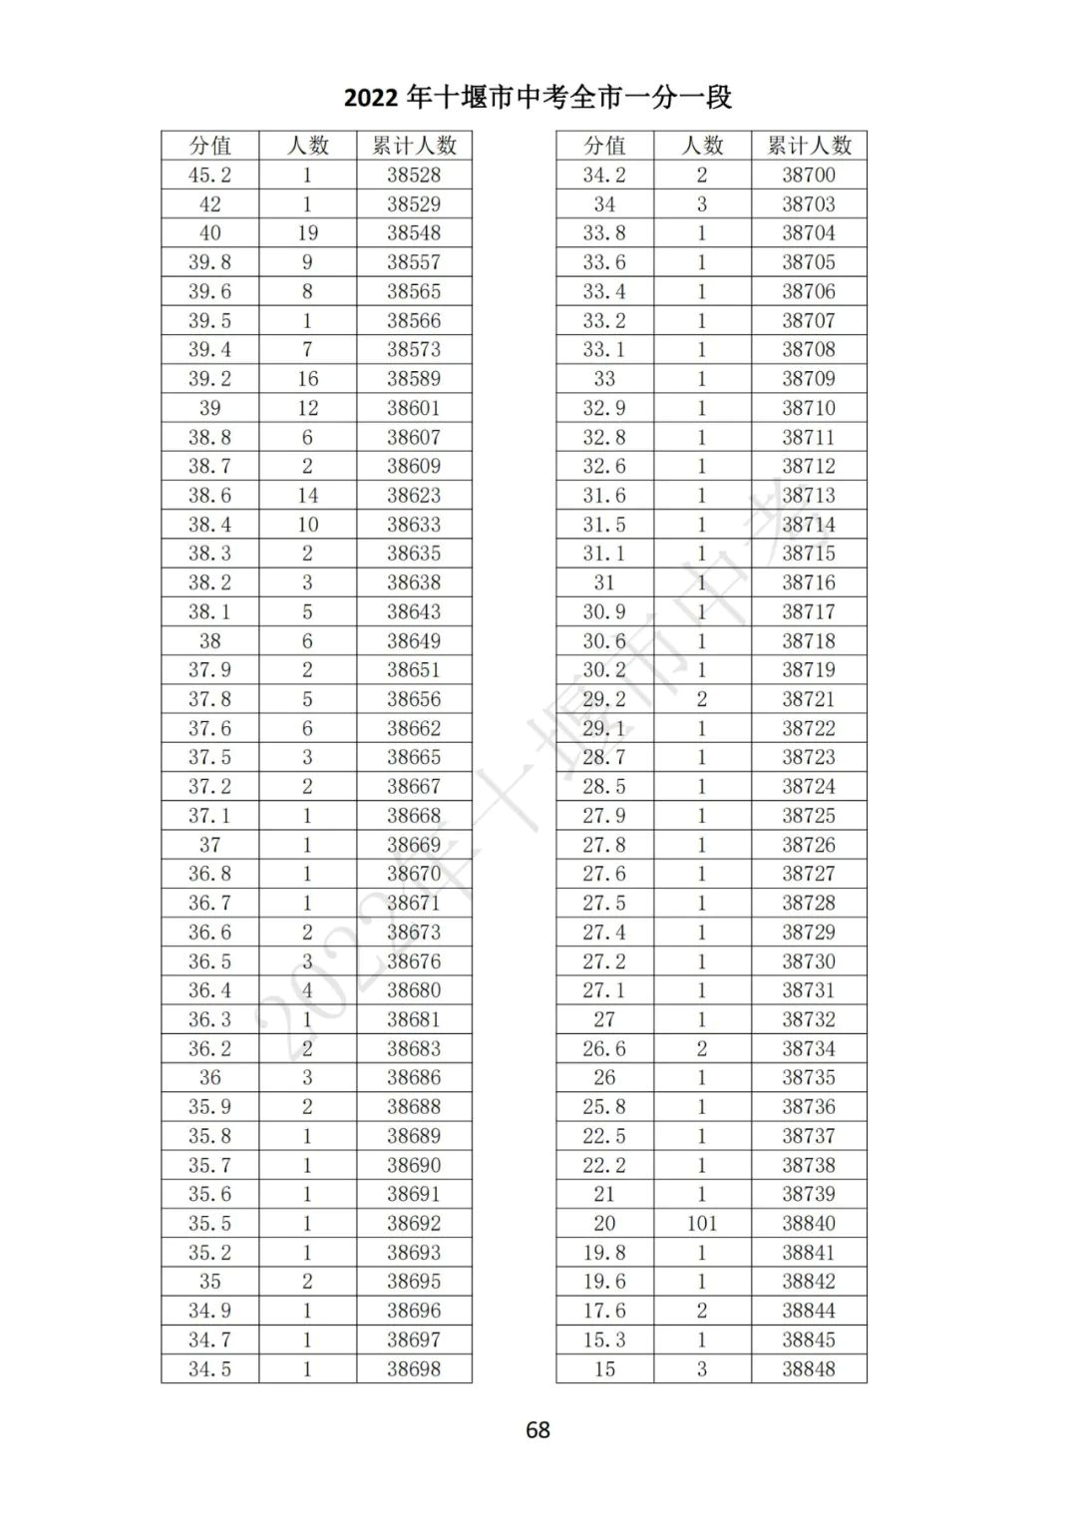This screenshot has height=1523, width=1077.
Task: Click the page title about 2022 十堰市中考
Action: coord(538,97)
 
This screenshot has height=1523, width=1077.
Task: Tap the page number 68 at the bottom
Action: coord(538,1429)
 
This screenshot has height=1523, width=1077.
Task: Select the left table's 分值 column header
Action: coord(209,146)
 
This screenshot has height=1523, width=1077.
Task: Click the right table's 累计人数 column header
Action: coord(809,146)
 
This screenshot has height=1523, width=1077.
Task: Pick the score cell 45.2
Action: coord(209,175)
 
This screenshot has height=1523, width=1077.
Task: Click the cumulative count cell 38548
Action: coord(414,233)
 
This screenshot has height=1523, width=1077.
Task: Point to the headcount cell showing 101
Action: coord(702,1223)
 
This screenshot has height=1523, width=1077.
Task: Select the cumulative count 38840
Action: coord(809,1223)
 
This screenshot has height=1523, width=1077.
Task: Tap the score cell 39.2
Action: coord(209,379)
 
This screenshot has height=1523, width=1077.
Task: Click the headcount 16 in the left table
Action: coord(307,379)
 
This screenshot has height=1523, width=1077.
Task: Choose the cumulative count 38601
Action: coord(414,408)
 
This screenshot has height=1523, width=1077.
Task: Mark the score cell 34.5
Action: coord(209,1368)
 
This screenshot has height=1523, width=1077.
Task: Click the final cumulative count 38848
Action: coord(809,1368)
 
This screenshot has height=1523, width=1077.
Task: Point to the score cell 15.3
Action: coord(604,1339)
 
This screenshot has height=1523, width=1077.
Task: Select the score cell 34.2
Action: coord(604,175)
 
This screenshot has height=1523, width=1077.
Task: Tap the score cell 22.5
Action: coord(604,1136)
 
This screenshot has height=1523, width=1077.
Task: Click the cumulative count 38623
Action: coord(414,496)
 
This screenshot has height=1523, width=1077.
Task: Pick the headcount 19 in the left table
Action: coord(307,233)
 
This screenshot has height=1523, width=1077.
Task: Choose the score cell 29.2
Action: coord(604,699)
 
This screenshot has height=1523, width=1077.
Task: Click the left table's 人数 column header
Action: coord(307,146)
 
